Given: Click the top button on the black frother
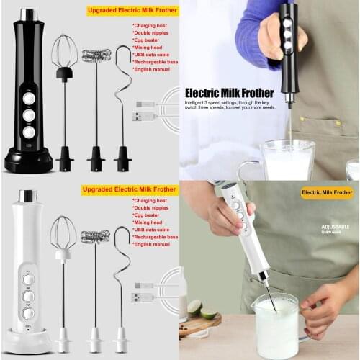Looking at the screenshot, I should pos(28,98).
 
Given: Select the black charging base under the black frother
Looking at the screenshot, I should pos(28,160).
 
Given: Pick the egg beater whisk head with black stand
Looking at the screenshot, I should pos(64,54).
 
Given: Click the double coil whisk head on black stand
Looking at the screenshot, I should pos(96,55).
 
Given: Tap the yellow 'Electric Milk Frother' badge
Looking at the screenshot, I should pos(326,193).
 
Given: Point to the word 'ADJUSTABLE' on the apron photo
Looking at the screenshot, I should pos(335,226).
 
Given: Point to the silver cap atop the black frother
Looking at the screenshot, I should pos(28,15).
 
